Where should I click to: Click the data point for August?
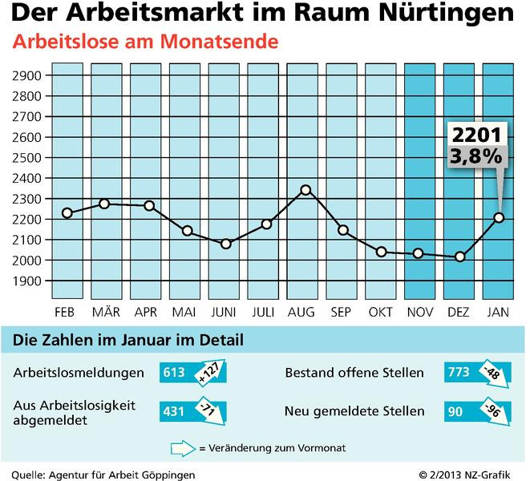305,190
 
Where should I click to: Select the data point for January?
499,217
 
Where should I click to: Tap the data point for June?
226,243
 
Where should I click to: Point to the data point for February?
67,212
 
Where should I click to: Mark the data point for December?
459,257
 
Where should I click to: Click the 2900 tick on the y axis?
28,75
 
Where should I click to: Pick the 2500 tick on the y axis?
28,158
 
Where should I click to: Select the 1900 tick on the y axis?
28,281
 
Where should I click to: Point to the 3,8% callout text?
470,156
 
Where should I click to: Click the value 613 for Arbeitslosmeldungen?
174,373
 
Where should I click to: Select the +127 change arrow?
206,373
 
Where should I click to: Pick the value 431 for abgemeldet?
174,411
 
